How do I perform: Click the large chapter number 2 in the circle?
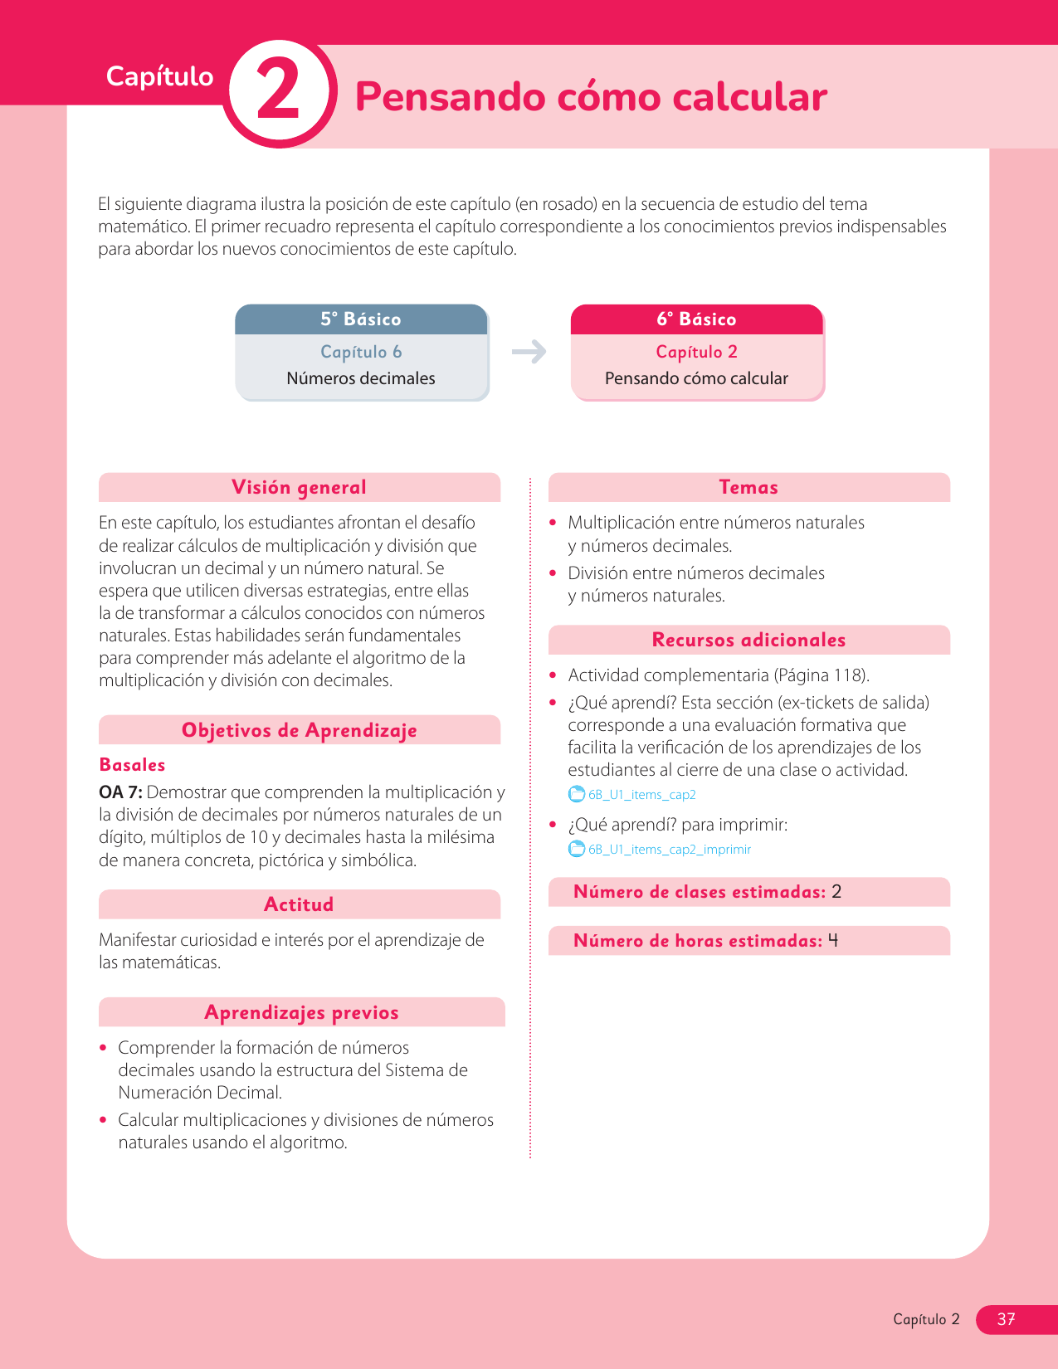point(279,93)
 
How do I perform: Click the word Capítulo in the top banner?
point(159,76)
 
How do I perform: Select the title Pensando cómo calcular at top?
point(591,96)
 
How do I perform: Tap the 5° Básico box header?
point(361,319)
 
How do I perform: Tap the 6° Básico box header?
point(696,319)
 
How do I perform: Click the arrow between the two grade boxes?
point(529,352)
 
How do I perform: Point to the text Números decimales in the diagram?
point(361,378)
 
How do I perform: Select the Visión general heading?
point(299,487)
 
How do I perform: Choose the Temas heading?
point(748,487)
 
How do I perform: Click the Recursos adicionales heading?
point(748,640)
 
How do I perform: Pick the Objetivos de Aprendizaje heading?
point(299,730)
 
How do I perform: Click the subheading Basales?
point(132,765)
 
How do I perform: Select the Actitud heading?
point(299,904)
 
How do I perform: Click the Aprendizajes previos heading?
point(301,1012)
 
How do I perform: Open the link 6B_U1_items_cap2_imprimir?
point(669,850)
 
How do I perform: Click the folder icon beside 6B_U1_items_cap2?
point(576,794)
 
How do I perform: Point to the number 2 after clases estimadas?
point(836,892)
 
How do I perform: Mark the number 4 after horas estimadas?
point(833,941)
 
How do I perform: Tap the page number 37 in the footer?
point(1006,1319)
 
